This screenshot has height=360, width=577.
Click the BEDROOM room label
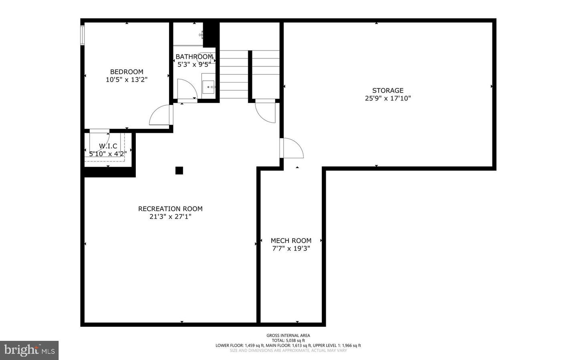point(127,72)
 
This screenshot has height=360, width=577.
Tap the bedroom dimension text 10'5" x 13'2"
point(127,80)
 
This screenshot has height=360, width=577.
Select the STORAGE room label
point(387,91)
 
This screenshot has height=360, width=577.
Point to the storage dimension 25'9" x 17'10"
point(387,98)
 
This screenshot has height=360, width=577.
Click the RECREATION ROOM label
point(170,209)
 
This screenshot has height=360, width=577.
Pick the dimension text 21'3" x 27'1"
point(170,217)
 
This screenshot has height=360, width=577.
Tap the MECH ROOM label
point(291,241)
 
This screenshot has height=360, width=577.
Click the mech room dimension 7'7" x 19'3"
point(291,248)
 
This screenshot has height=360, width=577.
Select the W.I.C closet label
point(108,146)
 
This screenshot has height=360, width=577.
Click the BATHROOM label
point(194,57)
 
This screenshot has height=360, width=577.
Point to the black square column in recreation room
point(179,171)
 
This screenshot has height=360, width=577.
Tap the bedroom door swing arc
point(160,115)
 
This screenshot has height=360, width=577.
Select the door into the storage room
point(292,148)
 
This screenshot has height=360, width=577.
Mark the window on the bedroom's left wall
point(82,35)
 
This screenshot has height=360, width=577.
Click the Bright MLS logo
point(29,350)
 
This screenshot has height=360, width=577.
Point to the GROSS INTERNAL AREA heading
point(288,336)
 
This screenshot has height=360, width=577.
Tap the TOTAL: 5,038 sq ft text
point(288,340)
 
